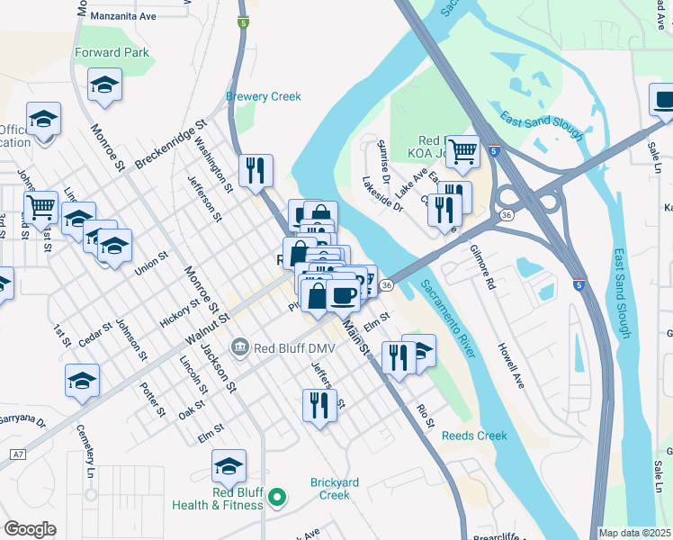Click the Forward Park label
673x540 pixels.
click(x=112, y=52)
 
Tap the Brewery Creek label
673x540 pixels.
click(x=263, y=96)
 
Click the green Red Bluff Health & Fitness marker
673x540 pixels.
click(x=278, y=496)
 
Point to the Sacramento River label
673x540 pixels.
click(x=447, y=319)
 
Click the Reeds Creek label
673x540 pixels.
click(x=474, y=436)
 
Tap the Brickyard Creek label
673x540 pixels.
click(x=335, y=489)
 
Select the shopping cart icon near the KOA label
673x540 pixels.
click(x=462, y=152)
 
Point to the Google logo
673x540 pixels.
click(x=30, y=529)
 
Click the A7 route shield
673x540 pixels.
click(x=17, y=454)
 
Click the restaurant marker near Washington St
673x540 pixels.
click(x=256, y=169)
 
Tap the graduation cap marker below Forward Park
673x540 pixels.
click(x=104, y=85)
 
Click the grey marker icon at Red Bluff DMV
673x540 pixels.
click(x=239, y=346)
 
